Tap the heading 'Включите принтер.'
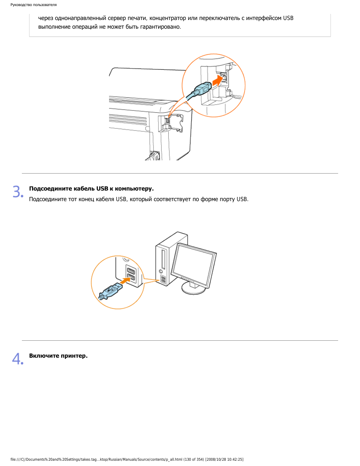coord(58,356)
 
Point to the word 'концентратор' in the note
coord(168,18)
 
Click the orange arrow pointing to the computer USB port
coord(126,280)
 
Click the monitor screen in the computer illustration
coord(193,265)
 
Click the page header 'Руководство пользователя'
coord(34,5)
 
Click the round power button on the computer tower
coord(161,271)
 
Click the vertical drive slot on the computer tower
coord(164,259)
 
